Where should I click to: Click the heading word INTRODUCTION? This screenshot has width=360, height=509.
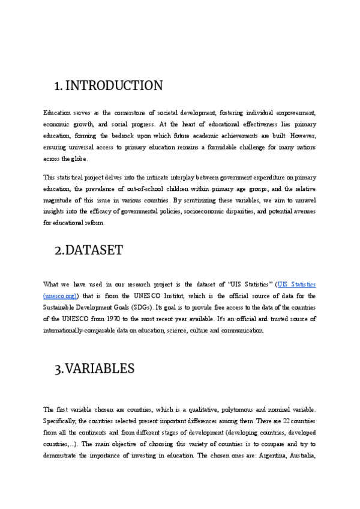pyautogui.click(x=113, y=86)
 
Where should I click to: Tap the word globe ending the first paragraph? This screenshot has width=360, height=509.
pyautogui.click(x=78, y=158)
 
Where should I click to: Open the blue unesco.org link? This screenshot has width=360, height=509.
pyautogui.click(x=61, y=296)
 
